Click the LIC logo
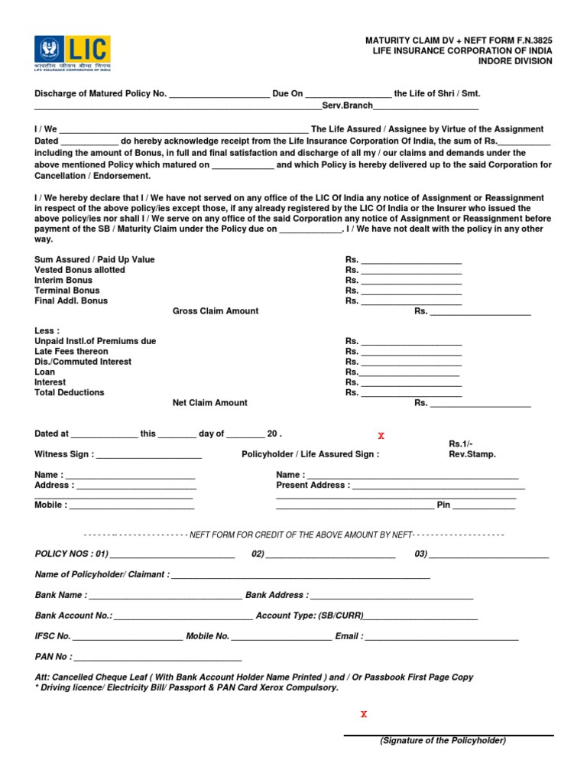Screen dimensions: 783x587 [x=73, y=53]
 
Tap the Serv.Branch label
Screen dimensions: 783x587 [x=347, y=105]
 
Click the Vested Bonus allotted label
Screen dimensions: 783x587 [x=79, y=270]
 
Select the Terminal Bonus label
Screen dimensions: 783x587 [x=67, y=291]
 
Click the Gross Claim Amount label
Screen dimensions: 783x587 [x=216, y=311]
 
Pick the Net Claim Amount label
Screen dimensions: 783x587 [x=210, y=403]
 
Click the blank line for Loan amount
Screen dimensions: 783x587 [x=410, y=372]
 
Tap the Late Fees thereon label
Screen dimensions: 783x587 [x=71, y=352]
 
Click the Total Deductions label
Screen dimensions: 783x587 [x=70, y=392]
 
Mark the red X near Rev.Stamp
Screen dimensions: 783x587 [x=381, y=436]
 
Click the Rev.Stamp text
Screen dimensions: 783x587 [x=472, y=454]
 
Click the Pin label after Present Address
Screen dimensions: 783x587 [x=443, y=505]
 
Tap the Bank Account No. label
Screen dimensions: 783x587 [x=73, y=616]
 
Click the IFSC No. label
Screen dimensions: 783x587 [x=53, y=636]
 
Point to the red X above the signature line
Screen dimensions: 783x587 [x=364, y=714]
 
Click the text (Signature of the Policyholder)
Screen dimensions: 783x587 [x=443, y=741]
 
